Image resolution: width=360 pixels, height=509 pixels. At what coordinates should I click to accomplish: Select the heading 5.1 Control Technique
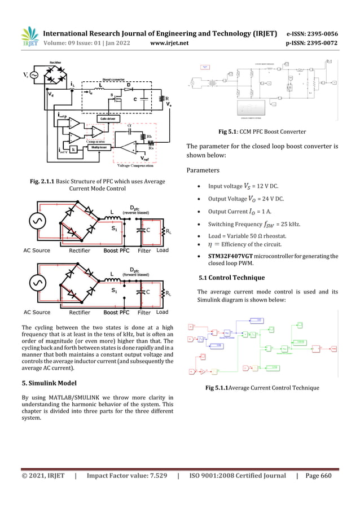[232, 278]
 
